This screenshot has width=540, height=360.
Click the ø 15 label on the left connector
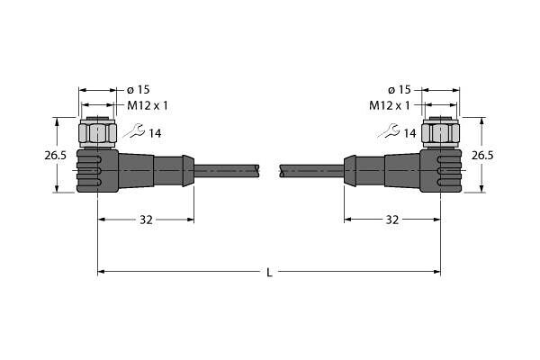point(138,90)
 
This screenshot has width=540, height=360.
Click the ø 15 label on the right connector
point(400,90)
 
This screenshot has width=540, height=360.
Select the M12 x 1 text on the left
point(148,105)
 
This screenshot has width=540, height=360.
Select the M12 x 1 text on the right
point(390,105)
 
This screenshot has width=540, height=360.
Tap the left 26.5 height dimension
point(55,156)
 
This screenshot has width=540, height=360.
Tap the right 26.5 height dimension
point(482,156)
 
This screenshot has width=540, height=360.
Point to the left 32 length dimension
point(146,220)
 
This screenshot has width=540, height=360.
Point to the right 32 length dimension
point(391,220)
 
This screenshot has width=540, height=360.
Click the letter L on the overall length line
point(269,273)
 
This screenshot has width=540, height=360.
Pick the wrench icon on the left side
point(134,130)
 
